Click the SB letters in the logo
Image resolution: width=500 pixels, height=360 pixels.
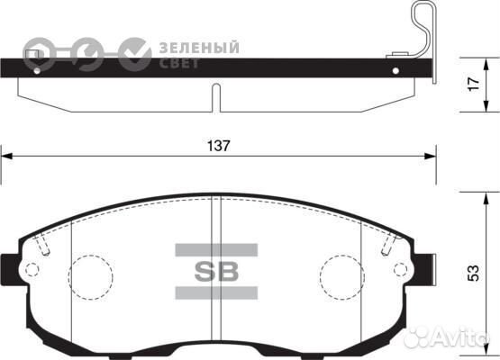216,271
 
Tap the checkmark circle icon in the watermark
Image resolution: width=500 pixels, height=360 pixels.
136,54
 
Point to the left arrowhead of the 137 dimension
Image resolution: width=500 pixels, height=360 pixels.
5,157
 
